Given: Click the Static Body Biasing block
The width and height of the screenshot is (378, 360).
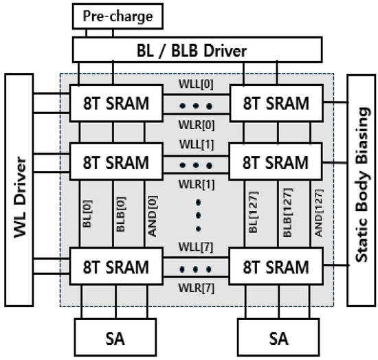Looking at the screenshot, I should coord(360,189).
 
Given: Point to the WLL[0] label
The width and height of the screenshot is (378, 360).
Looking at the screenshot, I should coord(197,84).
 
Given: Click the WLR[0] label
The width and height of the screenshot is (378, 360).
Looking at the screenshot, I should coord(197,125).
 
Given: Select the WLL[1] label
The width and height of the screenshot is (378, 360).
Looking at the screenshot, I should coord(197,146).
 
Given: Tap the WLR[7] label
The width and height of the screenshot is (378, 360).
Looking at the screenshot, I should coord(197,286).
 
